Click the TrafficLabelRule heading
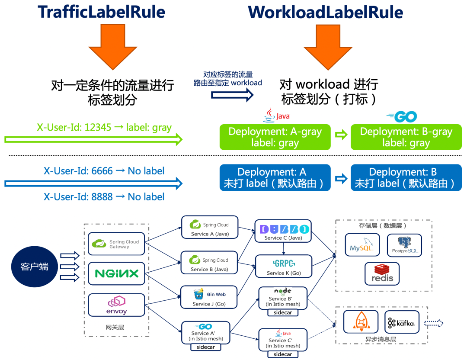[101, 12]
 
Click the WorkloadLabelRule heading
[325, 12]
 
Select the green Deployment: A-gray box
[275, 137]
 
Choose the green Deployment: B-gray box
[406, 137]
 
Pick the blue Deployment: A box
[275, 177]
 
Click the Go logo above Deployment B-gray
[402, 116]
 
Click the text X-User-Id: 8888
[78, 197]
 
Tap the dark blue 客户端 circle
[35, 267]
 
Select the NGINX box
[116, 273]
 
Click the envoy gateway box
[116, 305]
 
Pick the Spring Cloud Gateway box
[116, 244]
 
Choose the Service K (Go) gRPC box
[284, 266]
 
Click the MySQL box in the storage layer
[362, 245]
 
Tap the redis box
[382, 273]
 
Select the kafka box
[402, 322]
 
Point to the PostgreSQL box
[404, 245]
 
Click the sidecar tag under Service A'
[206, 347]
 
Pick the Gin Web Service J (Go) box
[209, 297]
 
